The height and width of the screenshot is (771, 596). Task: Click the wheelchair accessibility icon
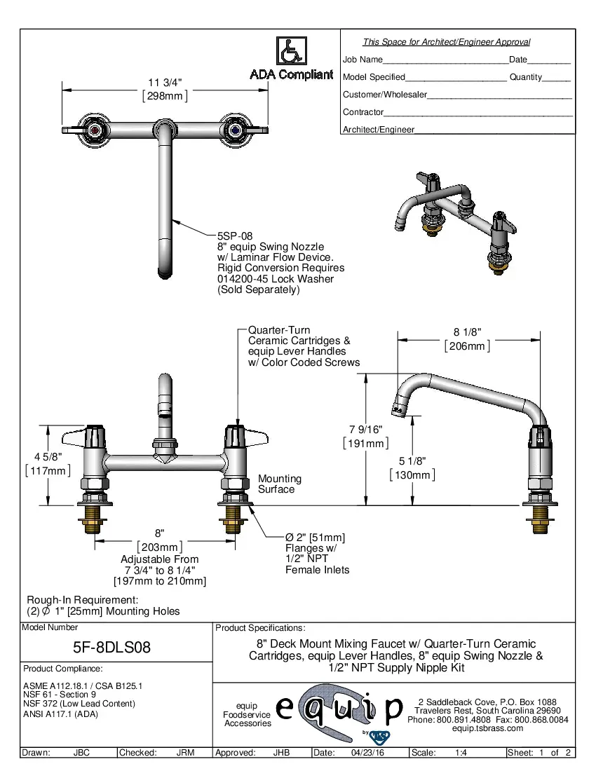[x=291, y=51]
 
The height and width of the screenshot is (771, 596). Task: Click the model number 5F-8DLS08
[x=112, y=648]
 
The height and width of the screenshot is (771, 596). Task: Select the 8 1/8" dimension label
[x=466, y=333]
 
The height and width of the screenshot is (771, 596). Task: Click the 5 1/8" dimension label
[x=412, y=461]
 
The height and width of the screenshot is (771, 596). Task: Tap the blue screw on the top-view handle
[x=236, y=130]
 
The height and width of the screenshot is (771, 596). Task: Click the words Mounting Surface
[x=279, y=484]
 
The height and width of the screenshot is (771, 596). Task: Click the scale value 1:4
[x=461, y=753]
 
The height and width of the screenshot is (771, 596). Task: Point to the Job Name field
[x=363, y=60]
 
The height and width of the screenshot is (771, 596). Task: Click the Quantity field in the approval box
[x=526, y=77]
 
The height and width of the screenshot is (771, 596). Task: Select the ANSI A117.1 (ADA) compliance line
[x=60, y=714]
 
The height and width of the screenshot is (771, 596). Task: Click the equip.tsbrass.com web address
[x=487, y=728]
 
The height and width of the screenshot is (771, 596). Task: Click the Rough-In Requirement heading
[x=82, y=600]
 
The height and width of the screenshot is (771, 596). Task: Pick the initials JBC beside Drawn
[x=81, y=753]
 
